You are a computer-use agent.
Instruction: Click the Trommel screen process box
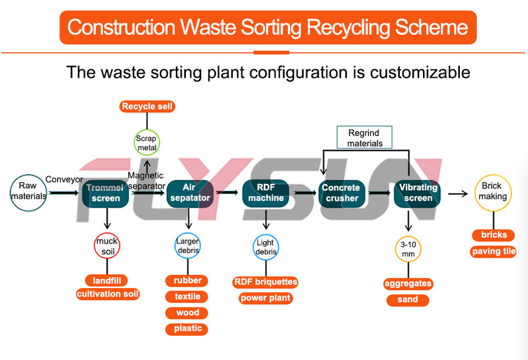[106, 193]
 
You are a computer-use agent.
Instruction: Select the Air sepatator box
[190, 193]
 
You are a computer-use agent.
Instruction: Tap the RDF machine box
[266, 193]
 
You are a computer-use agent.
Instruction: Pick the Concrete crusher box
[342, 193]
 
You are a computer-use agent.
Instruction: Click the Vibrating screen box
[417, 193]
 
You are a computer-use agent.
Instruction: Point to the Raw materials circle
[28, 193]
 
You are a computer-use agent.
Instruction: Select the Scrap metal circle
[146, 143]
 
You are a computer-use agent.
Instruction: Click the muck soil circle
[107, 246]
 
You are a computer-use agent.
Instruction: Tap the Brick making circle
[493, 193]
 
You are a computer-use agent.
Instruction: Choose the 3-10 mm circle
[408, 249]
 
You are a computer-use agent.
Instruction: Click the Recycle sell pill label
[147, 107]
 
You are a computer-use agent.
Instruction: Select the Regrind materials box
[365, 138]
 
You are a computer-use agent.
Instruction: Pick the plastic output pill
[186, 329]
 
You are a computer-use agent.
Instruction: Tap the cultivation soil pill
[108, 294]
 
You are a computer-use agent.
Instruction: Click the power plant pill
[266, 298]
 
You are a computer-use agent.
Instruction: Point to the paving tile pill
[493, 252]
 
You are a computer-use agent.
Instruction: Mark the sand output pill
[408, 299]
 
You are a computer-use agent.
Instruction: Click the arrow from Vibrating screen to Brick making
[458, 194]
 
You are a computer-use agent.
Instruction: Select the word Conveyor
[64, 179]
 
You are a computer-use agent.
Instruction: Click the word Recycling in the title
[348, 28]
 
